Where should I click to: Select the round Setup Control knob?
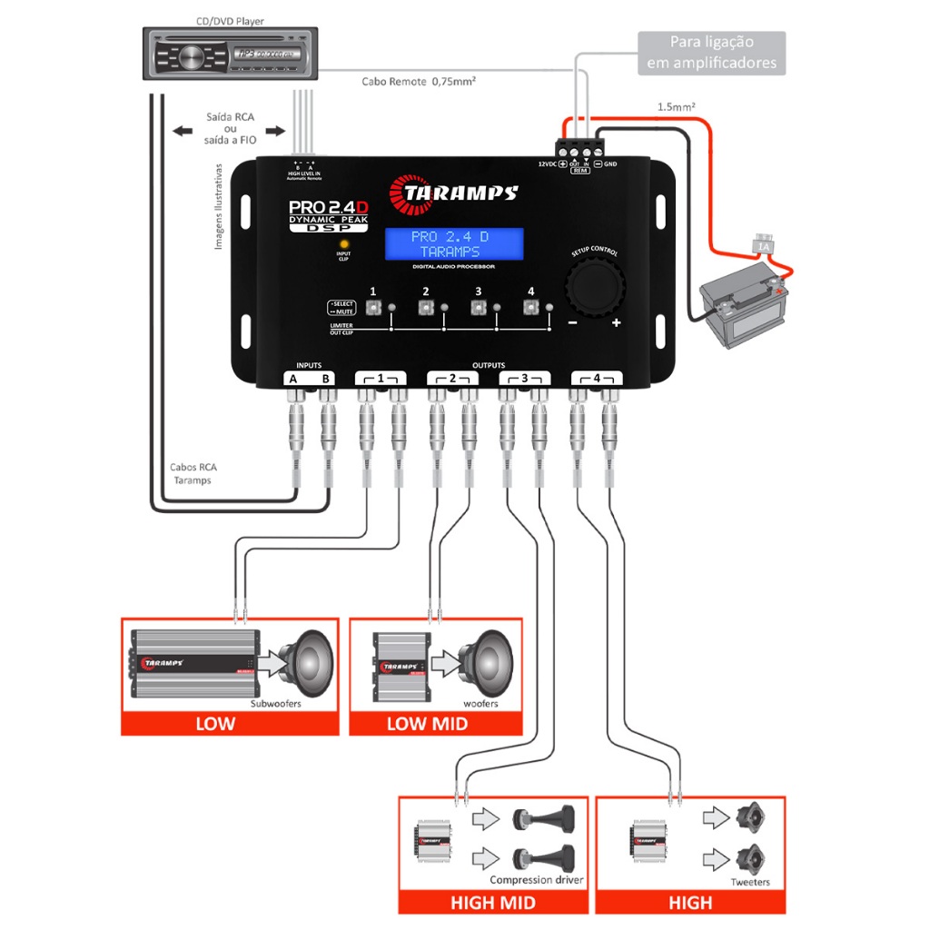click(x=596, y=289)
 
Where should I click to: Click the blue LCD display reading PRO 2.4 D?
click(x=453, y=243)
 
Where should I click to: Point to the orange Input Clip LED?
click(x=344, y=245)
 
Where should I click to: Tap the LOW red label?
click(x=215, y=724)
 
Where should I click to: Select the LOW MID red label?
click(x=427, y=724)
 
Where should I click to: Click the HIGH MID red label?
click(x=493, y=902)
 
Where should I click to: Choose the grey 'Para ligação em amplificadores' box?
click(x=711, y=53)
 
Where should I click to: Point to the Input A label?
click(x=293, y=379)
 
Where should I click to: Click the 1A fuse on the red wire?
click(x=764, y=244)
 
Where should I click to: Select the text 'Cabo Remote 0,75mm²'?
click(x=420, y=81)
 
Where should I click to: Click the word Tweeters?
click(x=750, y=882)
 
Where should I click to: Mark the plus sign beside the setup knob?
click(x=617, y=323)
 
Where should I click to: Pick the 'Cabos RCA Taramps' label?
click(x=193, y=474)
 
